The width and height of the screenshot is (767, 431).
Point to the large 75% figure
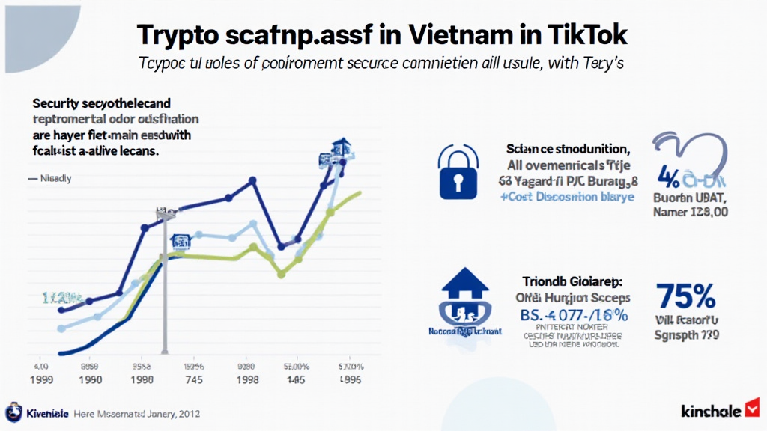pos(685,296)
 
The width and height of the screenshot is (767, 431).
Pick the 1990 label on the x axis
pos(90,379)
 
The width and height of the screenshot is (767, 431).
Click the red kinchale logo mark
pos(753,409)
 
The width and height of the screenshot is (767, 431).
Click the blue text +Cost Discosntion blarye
pos(566,197)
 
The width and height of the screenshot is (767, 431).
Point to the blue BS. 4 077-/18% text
pos(572,314)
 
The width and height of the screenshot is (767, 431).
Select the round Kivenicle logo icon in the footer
pos(13,412)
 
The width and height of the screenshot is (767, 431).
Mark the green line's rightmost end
pos(360,192)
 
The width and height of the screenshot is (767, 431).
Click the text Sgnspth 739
pos(686,335)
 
